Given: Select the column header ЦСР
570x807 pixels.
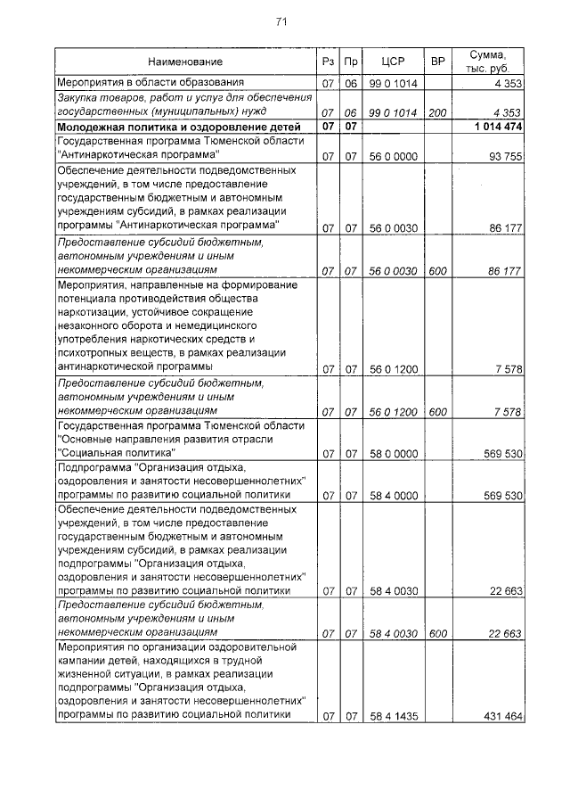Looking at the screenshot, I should click(393, 62).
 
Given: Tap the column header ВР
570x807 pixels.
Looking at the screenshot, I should click(437, 62).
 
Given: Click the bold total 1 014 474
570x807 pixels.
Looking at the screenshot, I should click(493, 127).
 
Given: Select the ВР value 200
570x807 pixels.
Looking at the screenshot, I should click(437, 112).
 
